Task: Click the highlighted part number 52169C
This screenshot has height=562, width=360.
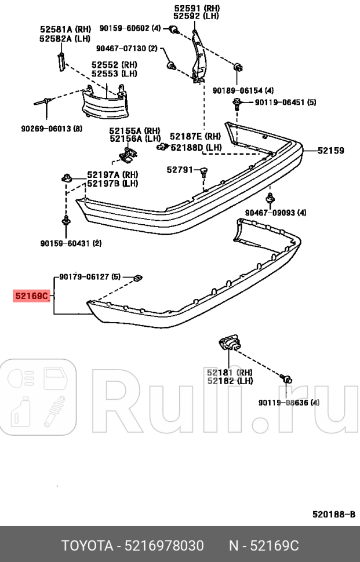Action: coord(32,296)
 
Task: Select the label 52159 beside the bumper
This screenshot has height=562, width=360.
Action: coord(330,151)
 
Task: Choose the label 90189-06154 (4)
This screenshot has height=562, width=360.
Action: coord(243,90)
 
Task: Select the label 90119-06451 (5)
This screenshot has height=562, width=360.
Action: coord(286,103)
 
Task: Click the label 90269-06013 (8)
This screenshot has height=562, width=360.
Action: coord(52,129)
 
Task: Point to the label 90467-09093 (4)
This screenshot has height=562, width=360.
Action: coord(275,213)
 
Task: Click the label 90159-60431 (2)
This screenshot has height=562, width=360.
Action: coord(71,243)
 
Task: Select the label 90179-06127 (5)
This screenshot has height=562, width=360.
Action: coord(89,277)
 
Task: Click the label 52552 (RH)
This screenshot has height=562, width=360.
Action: coord(114,65)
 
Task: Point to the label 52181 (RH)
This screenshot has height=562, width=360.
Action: coord(230,373)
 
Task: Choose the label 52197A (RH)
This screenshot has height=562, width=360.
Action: coord(112,174)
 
